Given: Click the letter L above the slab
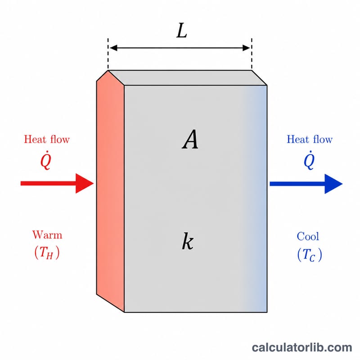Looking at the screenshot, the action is [182, 31].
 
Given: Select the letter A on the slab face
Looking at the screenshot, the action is [190, 139].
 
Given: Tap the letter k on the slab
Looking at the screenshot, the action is [188, 241].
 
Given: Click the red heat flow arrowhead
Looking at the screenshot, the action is [85, 184].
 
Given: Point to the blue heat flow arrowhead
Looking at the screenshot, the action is [333, 184].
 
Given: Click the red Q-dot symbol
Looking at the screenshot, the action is [46, 160].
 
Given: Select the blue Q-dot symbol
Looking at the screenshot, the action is [309, 160].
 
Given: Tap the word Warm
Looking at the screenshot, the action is [47, 235].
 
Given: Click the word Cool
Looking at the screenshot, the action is [308, 236].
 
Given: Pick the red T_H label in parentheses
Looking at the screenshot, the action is [47, 252].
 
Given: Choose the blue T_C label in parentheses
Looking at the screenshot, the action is [310, 254].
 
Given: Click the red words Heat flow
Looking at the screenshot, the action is [47, 139].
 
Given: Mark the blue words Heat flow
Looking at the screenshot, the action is [310, 139].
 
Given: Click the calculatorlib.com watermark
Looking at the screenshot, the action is [302, 347].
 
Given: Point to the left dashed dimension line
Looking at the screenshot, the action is [108, 54].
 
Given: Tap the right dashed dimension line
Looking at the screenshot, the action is [252, 54].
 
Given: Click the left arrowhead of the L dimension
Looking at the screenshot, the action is [113, 48].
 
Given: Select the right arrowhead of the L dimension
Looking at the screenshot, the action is [246, 48].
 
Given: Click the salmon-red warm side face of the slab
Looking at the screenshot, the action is [110, 190].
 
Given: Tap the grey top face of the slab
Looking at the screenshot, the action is [188, 78].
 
